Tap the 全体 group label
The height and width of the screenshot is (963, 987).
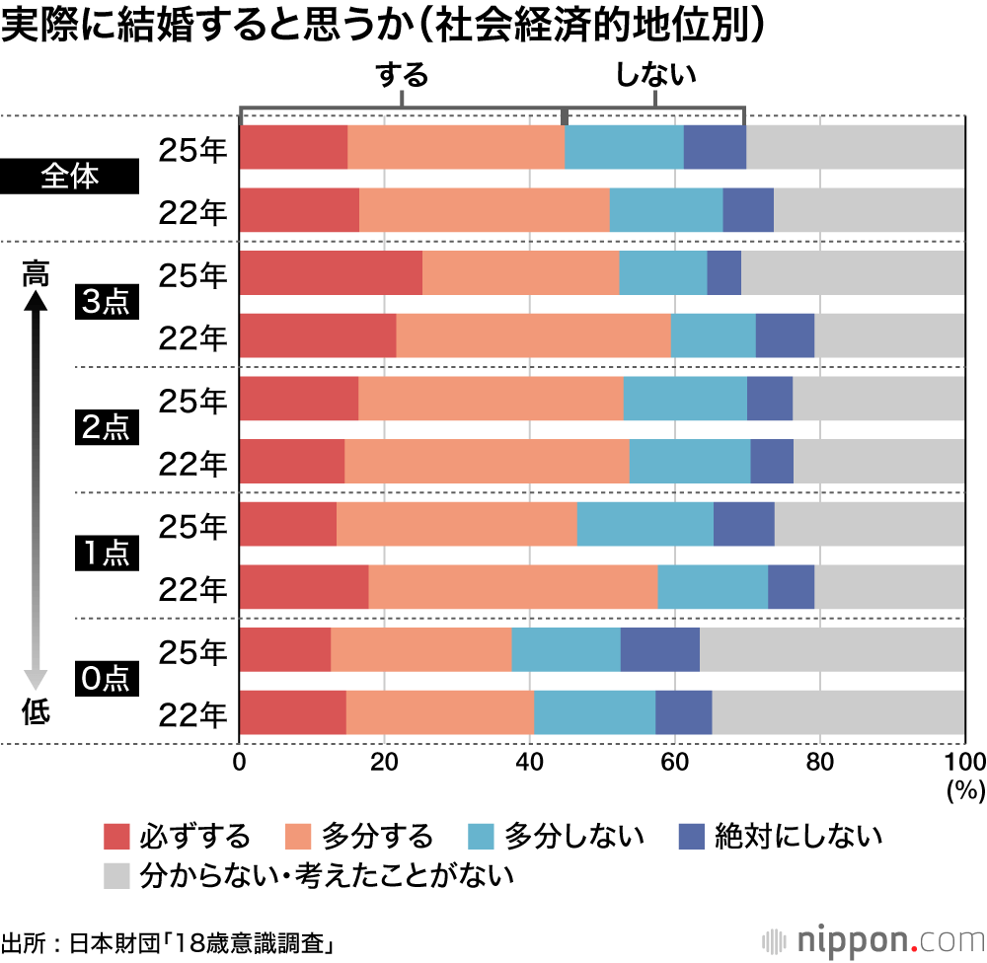coord(70,178)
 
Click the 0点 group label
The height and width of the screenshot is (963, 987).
coord(104,680)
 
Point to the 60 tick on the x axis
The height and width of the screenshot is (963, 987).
coord(674,762)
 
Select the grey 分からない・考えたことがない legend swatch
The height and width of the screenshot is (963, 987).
coord(116,874)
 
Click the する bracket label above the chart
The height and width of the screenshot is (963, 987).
coord(402,76)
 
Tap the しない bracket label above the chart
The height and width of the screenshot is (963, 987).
coord(655,76)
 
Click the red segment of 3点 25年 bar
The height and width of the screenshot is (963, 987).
coord(331,273)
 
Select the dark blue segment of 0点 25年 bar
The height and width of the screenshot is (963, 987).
coord(659,649)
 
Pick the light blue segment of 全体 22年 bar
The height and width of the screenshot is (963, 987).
coord(665,209)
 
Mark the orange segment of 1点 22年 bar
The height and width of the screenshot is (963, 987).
coord(512,587)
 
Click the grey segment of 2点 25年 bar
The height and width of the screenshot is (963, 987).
coord(878,399)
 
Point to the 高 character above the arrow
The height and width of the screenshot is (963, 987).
coord(36,275)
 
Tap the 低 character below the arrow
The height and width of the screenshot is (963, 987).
coord(36,712)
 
